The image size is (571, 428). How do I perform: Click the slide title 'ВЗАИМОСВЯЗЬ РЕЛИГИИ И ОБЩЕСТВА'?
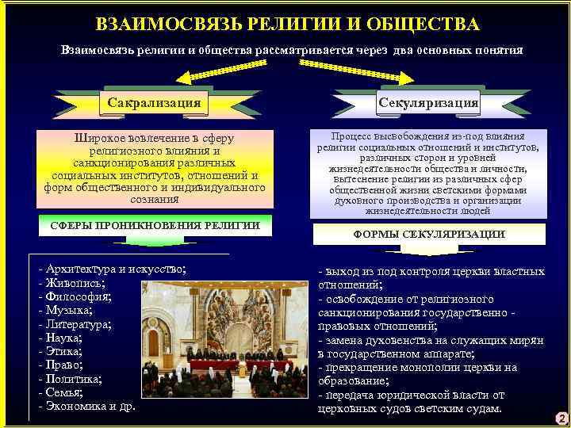click(x=287, y=24)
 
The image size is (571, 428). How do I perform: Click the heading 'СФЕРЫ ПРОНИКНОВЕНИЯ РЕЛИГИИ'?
click(x=155, y=225)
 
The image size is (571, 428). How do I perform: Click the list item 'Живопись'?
click(x=76, y=283)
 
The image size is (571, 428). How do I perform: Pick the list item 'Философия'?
click(x=79, y=296)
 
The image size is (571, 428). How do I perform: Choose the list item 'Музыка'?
click(x=71, y=311)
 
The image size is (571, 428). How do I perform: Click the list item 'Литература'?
click(x=79, y=324)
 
